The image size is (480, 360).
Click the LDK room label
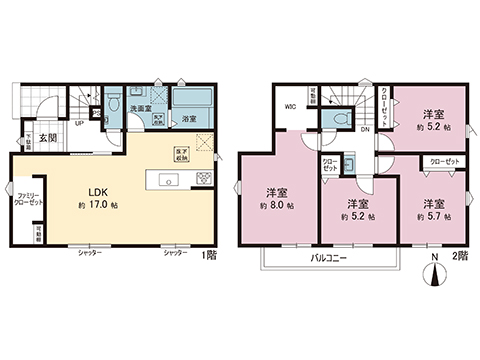click(x=97, y=192)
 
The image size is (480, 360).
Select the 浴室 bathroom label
click(x=188, y=119)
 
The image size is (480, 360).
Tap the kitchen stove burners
click(x=202, y=179)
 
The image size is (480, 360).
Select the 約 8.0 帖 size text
click(x=276, y=205)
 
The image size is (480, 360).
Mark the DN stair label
click(x=365, y=129)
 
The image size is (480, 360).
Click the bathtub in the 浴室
click(x=190, y=101)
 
